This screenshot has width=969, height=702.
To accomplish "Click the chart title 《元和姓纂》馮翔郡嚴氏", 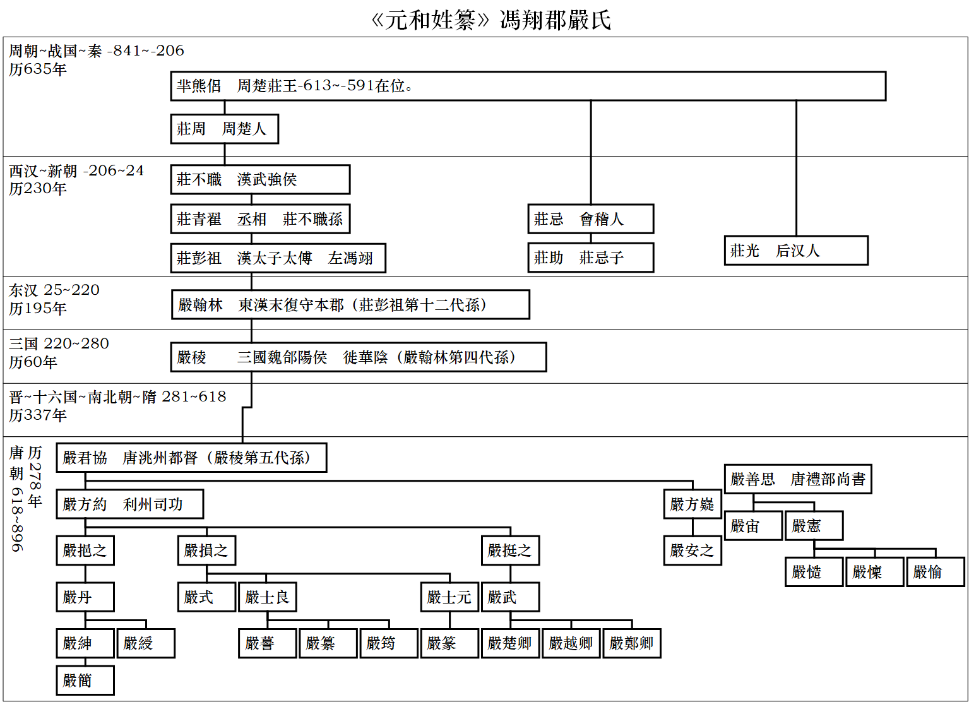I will [x=490, y=20].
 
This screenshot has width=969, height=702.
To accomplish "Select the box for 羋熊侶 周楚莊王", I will [x=528, y=86].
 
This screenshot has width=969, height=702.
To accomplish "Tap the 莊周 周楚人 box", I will [x=224, y=129].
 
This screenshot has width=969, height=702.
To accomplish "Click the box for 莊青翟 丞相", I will [x=259, y=219].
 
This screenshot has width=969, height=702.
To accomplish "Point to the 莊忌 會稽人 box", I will [x=590, y=219].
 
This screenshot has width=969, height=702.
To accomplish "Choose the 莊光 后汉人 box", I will [x=795, y=251].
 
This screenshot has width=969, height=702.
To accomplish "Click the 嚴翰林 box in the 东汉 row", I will [x=350, y=305].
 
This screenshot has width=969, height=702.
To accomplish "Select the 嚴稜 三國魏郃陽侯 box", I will [x=358, y=357].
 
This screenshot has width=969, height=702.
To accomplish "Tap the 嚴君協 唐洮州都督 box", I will [x=191, y=458].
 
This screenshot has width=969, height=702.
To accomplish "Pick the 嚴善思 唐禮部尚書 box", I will [x=797, y=479].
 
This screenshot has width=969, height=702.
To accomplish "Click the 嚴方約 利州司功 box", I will [x=129, y=504].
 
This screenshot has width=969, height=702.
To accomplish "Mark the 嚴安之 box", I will [x=692, y=550].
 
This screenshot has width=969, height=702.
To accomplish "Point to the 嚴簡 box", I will [x=85, y=681].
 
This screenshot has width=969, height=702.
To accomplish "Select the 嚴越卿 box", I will [x=570, y=643].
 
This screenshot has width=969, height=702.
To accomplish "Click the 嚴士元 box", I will [x=449, y=597].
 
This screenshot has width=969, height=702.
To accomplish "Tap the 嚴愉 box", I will [x=935, y=572].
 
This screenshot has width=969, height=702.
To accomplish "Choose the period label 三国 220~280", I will [x=59, y=343].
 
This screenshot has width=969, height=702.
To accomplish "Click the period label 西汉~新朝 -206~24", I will [x=76, y=171].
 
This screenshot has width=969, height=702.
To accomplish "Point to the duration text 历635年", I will [x=38, y=69].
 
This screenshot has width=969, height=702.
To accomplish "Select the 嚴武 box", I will [x=509, y=597].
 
